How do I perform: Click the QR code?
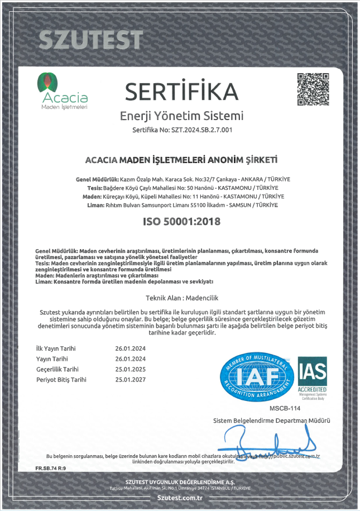tap(313, 89)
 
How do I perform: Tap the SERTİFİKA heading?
tap(182, 90)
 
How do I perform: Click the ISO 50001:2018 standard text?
tap(181, 221)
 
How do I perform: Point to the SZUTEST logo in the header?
tap(91, 40)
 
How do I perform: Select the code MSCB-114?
tap(281, 409)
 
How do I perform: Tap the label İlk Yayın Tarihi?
tap(56, 348)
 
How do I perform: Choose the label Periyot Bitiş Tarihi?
tap(61, 379)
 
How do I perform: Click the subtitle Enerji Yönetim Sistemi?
tap(182, 116)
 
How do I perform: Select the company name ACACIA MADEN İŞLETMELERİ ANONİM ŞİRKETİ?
tap(181, 160)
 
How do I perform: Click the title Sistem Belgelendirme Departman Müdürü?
tap(272, 420)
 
